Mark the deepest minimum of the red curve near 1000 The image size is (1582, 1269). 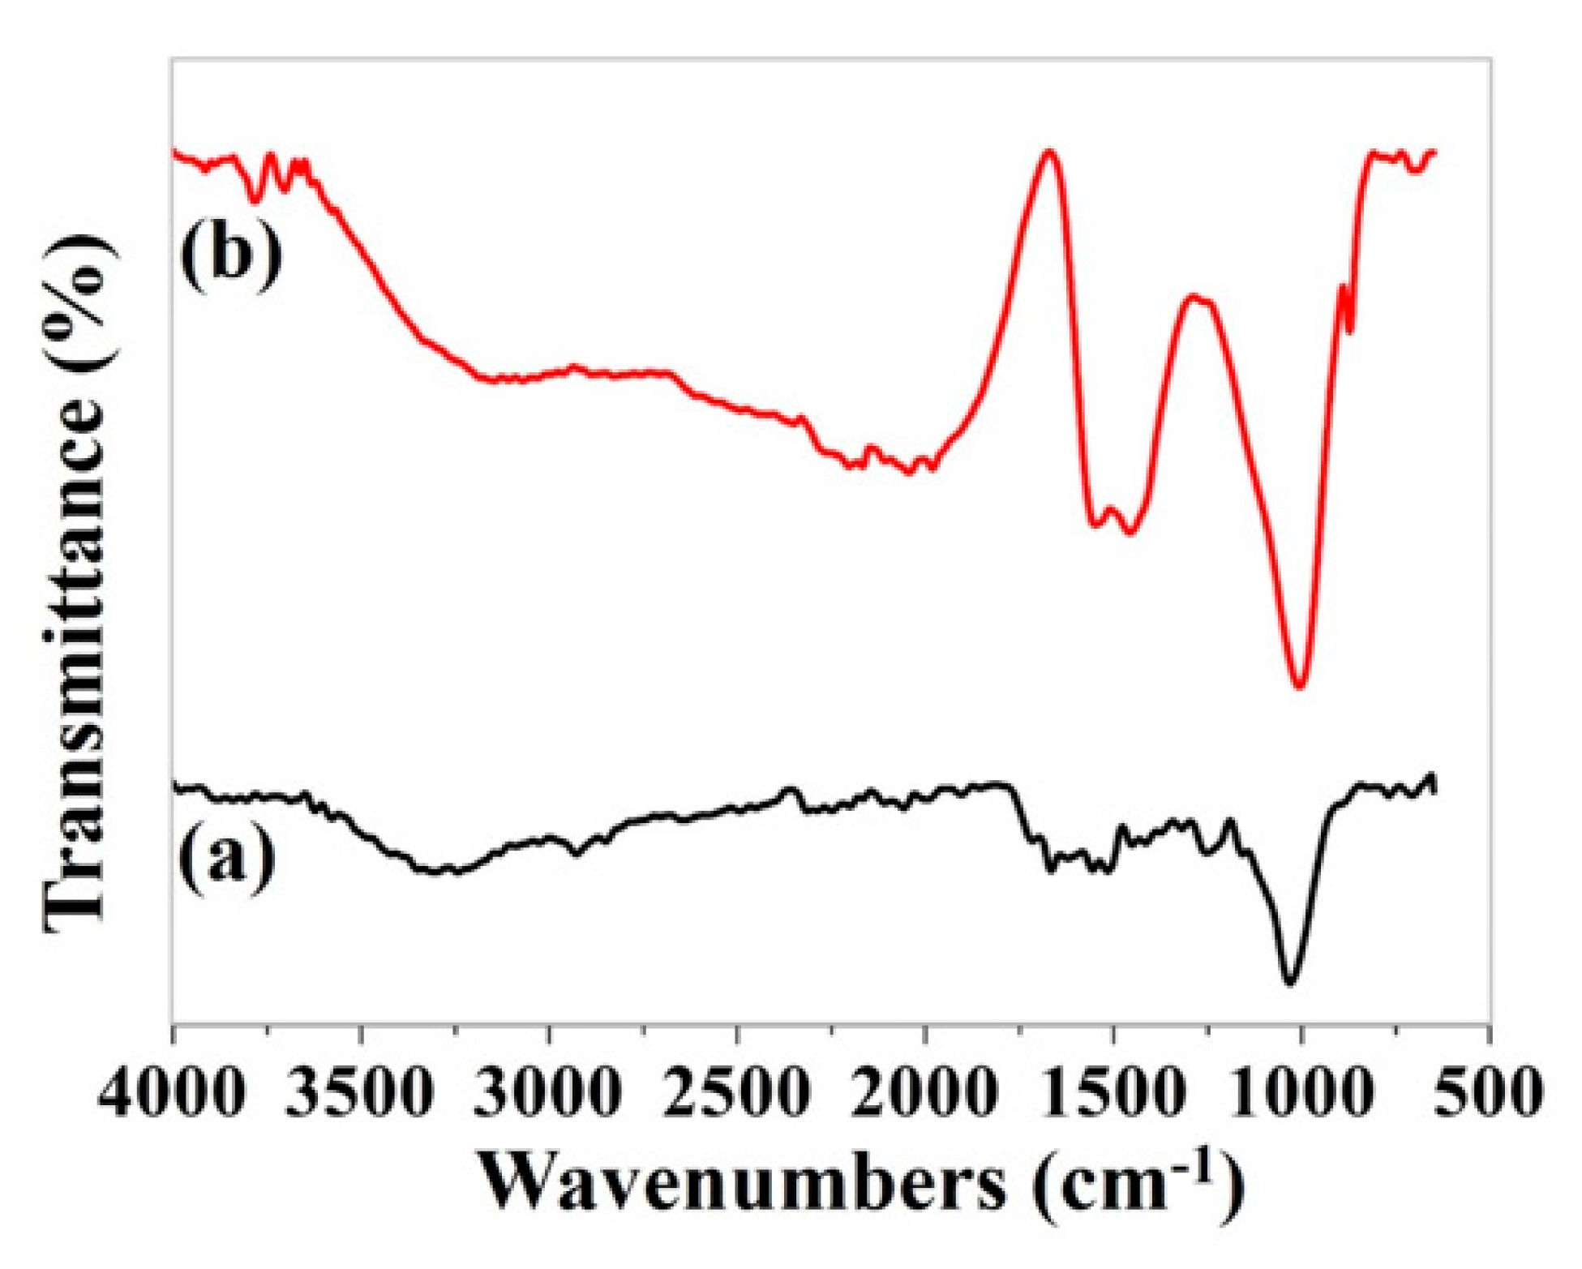[1300, 686]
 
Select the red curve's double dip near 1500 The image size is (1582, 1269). [1112, 519]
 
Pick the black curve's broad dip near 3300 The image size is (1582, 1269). [438, 871]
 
